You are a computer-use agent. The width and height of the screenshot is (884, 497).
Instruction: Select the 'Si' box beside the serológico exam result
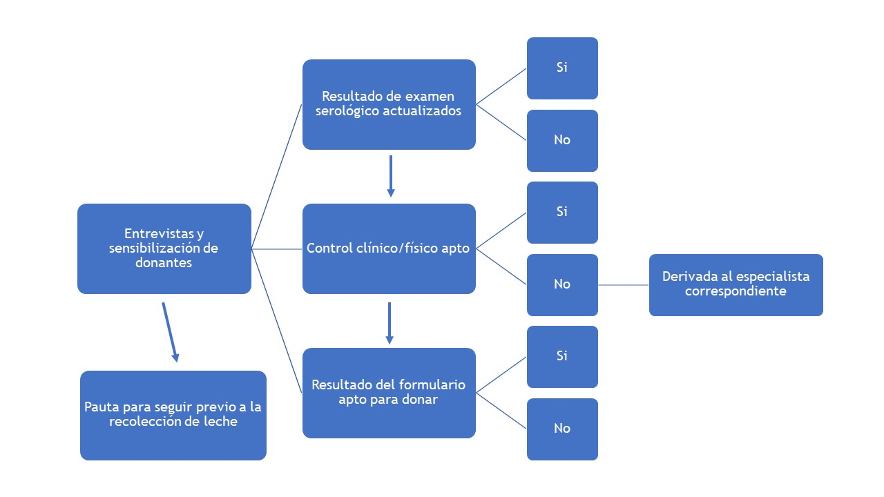click(x=562, y=68)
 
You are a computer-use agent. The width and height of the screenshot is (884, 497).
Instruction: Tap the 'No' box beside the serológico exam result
click(x=562, y=140)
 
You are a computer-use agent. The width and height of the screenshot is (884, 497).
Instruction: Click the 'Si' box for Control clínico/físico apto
click(x=562, y=212)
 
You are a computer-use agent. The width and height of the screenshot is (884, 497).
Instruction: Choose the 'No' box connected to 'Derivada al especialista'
click(x=562, y=284)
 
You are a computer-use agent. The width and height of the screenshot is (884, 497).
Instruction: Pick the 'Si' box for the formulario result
click(x=562, y=356)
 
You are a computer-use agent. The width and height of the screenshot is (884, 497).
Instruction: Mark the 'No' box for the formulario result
click(x=562, y=429)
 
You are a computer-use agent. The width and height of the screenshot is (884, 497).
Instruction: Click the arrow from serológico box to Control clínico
click(x=391, y=176)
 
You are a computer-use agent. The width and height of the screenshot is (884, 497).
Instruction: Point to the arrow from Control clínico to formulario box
click(x=390, y=322)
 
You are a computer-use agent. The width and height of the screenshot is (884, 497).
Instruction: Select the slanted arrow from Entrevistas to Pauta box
click(x=170, y=331)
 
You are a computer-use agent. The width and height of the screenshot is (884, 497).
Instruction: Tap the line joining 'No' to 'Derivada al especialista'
click(x=623, y=284)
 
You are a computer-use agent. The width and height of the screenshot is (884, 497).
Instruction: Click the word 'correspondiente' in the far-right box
click(x=736, y=291)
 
